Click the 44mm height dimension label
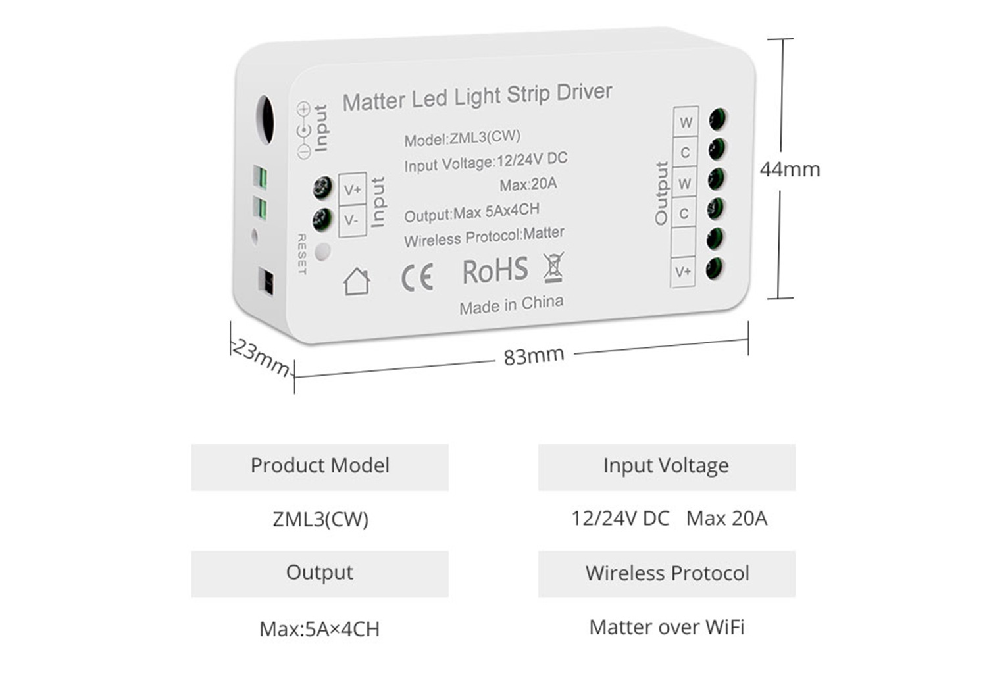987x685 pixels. click(790, 170)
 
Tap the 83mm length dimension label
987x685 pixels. click(534, 356)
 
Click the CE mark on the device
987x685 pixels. click(417, 277)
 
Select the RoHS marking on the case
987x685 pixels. click(495, 271)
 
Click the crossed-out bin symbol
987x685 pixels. click(553, 267)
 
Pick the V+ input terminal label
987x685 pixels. click(353, 190)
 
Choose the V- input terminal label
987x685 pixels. click(351, 220)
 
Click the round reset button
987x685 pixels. click(322, 252)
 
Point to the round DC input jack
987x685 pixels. click(265, 120)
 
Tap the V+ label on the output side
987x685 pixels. click(683, 271)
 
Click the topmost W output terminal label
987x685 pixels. click(686, 122)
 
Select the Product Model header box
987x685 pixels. click(320, 467)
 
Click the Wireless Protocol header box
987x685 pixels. click(667, 574)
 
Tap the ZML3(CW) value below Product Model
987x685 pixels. click(320, 519)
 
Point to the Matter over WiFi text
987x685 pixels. click(667, 627)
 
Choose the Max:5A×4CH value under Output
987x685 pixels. click(320, 629)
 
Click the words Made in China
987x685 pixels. click(511, 305)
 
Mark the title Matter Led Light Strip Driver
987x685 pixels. click(477, 97)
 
